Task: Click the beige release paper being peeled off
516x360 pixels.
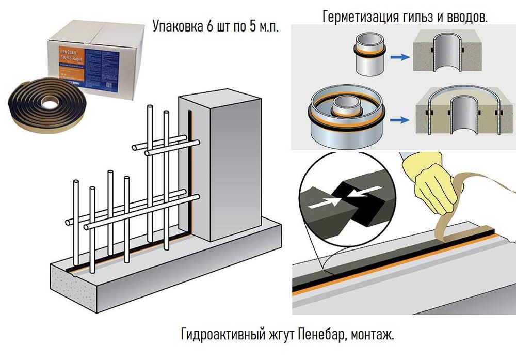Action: (454, 212)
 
